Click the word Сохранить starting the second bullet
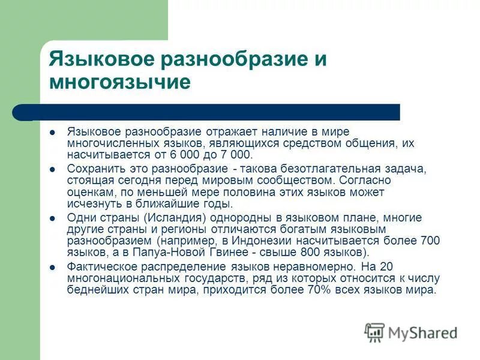point(93,169)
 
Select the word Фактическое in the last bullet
point(98,266)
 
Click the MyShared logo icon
point(374,332)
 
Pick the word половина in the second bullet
point(202,192)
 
